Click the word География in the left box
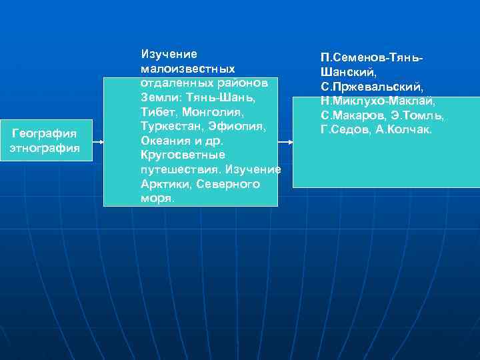(x=45, y=134)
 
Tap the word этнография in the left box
(x=45, y=147)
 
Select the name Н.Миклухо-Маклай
(x=377, y=101)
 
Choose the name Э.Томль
(x=417, y=115)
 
